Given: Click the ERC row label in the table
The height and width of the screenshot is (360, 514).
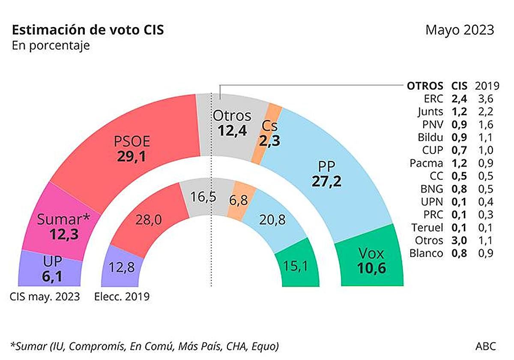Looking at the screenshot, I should pyautogui.click(x=433, y=99).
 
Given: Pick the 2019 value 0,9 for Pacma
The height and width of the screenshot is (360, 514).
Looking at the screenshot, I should pyautogui.click(x=484, y=163).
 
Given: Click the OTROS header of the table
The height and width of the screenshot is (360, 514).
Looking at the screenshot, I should pyautogui.click(x=425, y=86).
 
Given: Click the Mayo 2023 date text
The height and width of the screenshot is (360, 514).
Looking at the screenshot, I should pyautogui.click(x=460, y=31).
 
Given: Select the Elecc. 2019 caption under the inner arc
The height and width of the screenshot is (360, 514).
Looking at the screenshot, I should pyautogui.click(x=122, y=297).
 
